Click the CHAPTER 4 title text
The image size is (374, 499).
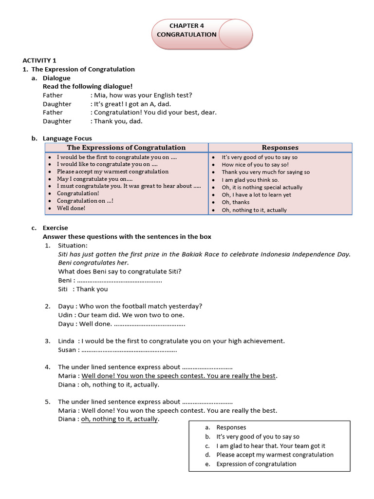coord(184,26)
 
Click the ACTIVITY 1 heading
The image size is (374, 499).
coord(39,60)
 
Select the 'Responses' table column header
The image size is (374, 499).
coord(280,147)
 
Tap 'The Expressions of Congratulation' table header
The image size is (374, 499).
coord(126,147)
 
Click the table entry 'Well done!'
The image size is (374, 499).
coord(71,208)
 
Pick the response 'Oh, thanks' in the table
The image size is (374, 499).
coord(235,202)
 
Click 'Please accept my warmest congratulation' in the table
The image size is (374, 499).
coord(112,172)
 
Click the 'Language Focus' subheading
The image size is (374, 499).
coord(67,138)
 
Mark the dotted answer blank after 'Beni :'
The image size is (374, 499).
coord(119,280)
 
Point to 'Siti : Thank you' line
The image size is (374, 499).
coord(83,289)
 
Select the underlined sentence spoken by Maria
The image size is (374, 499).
coord(179,376)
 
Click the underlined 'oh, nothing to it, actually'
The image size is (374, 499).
coord(120,419)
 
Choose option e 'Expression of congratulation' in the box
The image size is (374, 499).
coord(256,464)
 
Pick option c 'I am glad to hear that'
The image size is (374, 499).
coord(271,446)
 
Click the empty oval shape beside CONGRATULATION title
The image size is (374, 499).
coord(236,34)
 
